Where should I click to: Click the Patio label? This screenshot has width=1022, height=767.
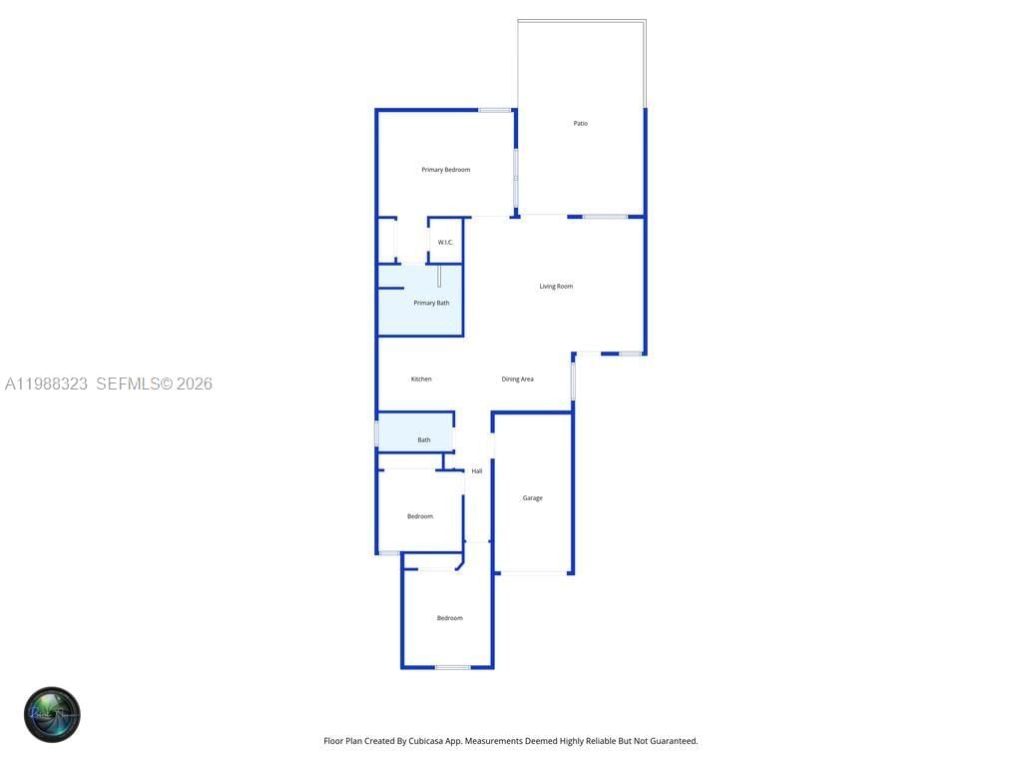tap(580, 124)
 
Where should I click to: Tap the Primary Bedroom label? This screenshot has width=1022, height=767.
tap(445, 170)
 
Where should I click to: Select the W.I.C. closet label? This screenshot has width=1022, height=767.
tap(445, 243)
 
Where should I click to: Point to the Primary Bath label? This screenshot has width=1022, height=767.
tap(431, 303)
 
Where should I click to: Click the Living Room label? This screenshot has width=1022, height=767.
tap(556, 287)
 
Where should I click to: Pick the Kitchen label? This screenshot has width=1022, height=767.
tap(421, 380)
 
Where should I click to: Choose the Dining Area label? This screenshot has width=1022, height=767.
tap(517, 380)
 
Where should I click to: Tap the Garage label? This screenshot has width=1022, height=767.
tap(533, 498)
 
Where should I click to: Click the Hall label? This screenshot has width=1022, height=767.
tap(477, 471)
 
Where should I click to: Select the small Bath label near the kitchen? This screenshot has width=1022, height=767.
tap(424, 440)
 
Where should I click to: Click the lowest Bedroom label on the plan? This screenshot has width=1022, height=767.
tap(449, 618)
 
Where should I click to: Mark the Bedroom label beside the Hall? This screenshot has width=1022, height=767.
tap(420, 516)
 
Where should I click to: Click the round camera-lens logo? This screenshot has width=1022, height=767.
tap(52, 714)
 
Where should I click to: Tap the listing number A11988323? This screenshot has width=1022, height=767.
tap(47, 383)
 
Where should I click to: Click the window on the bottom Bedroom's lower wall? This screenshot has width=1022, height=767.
tap(452, 667)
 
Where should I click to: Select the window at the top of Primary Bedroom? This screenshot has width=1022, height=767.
tap(494, 110)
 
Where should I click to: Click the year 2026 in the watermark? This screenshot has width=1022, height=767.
tap(195, 383)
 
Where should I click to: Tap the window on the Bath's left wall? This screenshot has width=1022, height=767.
tap(376, 433)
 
